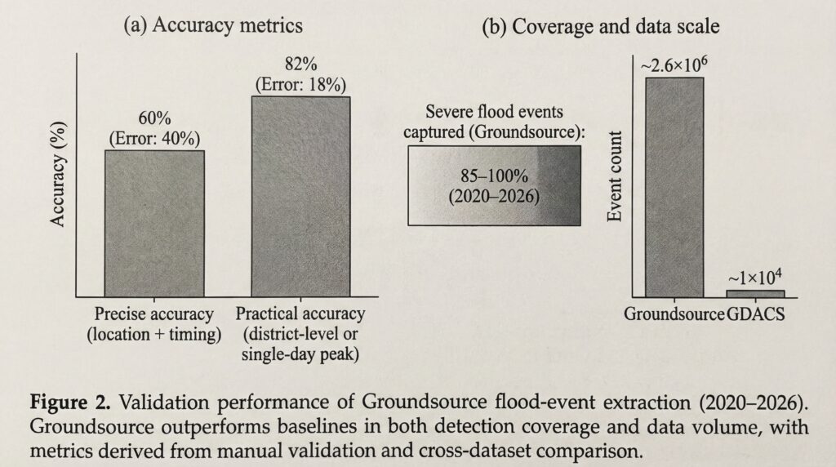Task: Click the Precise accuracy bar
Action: coord(154,222)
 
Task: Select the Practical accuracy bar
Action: coord(300,196)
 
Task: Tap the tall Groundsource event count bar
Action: coord(674,187)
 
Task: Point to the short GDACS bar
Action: coord(755,293)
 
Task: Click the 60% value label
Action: coord(154,119)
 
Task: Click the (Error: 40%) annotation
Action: coord(154,137)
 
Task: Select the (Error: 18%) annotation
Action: coord(300,84)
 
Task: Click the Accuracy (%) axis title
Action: coord(60,177)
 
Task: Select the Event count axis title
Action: coord(617,176)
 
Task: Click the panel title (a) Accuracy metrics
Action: coord(212,25)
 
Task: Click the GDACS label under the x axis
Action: coord(755,314)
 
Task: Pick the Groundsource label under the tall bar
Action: coord(674,314)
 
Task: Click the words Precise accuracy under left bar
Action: coord(154,314)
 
